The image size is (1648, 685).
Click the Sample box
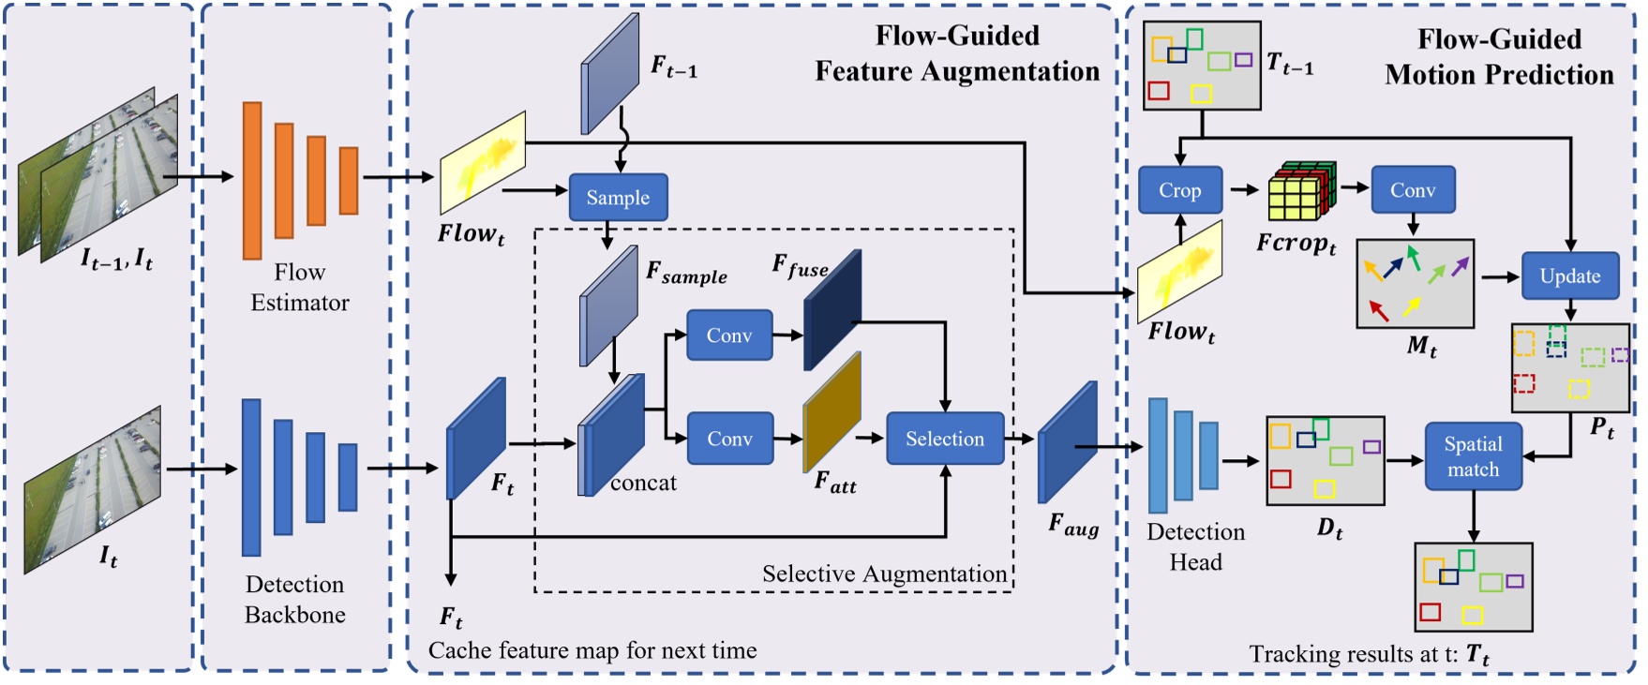point(618,198)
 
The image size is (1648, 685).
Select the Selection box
point(944,439)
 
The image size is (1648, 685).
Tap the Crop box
point(1179,190)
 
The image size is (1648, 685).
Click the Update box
point(1569,275)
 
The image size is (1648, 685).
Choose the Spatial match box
point(1473,456)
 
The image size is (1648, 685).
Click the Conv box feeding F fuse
point(729,335)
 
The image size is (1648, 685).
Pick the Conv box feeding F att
point(729,439)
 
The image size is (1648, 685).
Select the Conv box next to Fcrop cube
point(1412,190)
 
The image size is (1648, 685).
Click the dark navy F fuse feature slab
point(831,309)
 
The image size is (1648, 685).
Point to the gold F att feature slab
point(831,412)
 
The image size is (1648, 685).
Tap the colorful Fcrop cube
point(1300,191)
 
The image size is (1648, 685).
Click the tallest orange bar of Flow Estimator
point(252,180)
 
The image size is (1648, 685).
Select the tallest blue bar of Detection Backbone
point(251,477)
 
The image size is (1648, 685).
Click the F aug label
point(1073,525)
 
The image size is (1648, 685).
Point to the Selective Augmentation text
point(884,573)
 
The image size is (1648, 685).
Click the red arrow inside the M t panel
point(1378,310)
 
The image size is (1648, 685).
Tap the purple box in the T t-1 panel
point(1243,60)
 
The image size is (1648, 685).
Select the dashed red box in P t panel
point(1524,383)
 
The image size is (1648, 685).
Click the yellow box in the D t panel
point(1324,488)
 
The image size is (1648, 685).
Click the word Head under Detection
point(1195,562)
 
